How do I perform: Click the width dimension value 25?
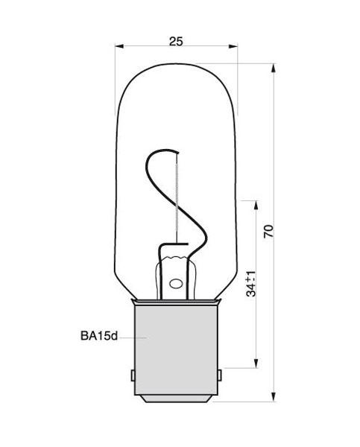(x=176, y=42)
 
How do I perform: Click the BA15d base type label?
(x=98, y=337)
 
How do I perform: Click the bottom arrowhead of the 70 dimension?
(x=275, y=399)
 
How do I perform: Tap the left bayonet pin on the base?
(x=131, y=374)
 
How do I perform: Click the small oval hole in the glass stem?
(x=176, y=284)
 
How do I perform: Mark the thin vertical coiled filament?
(x=177, y=194)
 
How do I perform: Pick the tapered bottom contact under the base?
(x=176, y=399)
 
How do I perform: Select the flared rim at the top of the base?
(x=176, y=301)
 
